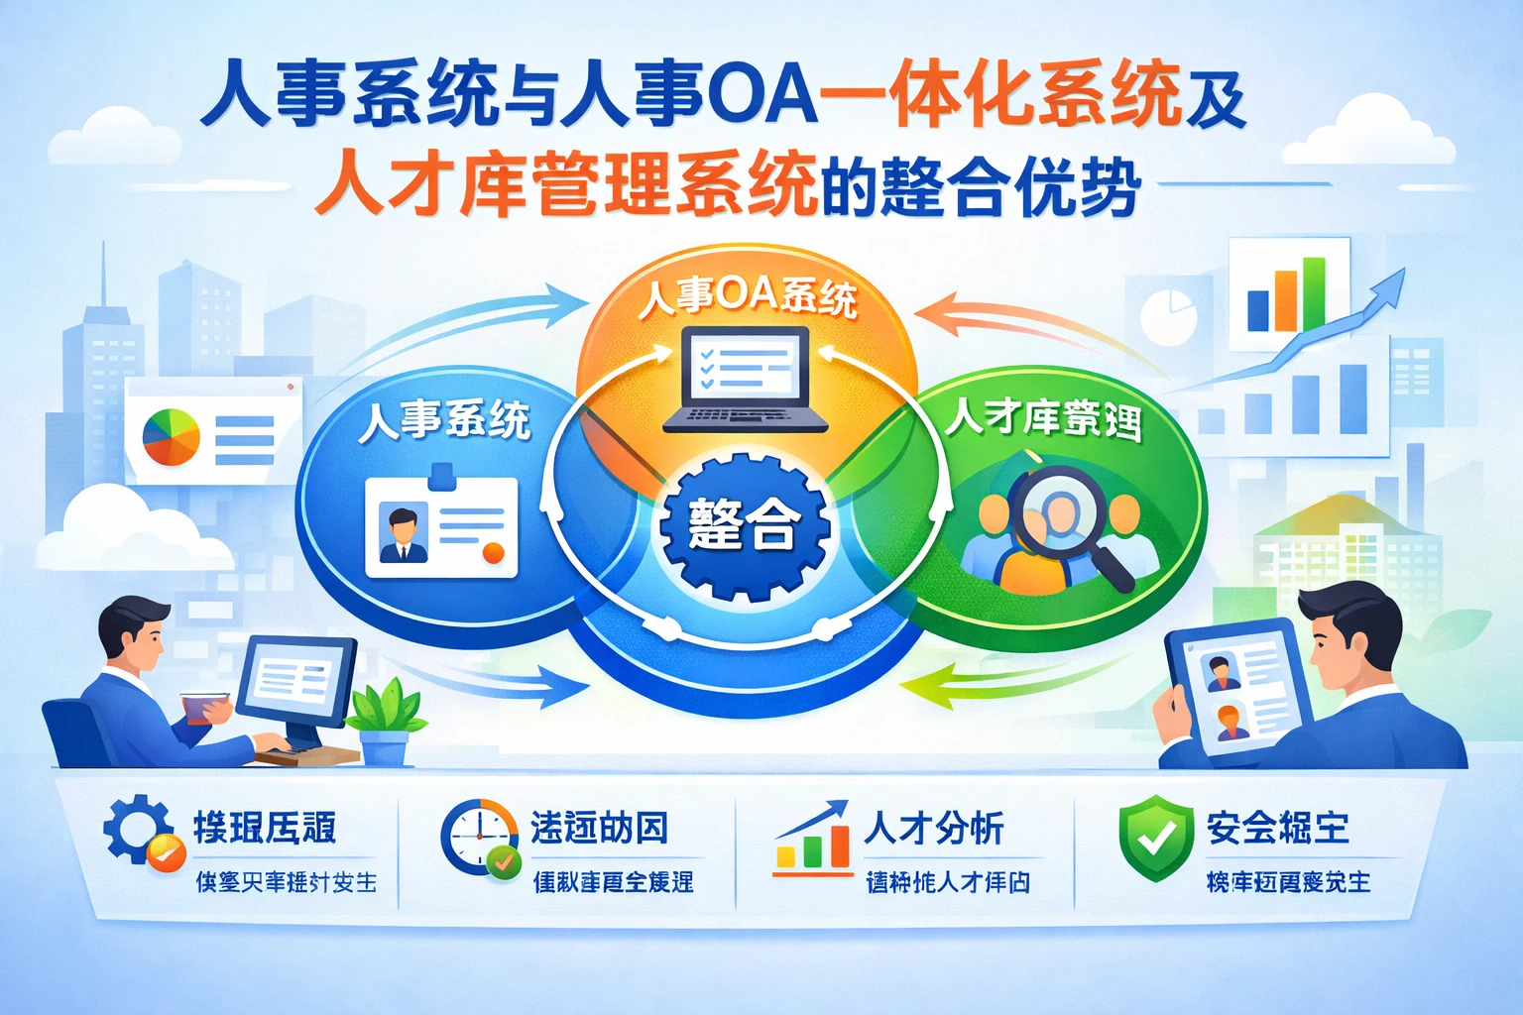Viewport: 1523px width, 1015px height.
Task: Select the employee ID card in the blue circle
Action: point(441,526)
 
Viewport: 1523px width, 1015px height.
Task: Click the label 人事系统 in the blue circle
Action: point(443,421)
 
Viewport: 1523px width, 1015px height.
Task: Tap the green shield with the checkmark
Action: point(1155,837)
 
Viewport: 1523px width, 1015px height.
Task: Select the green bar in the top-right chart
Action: point(1313,293)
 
